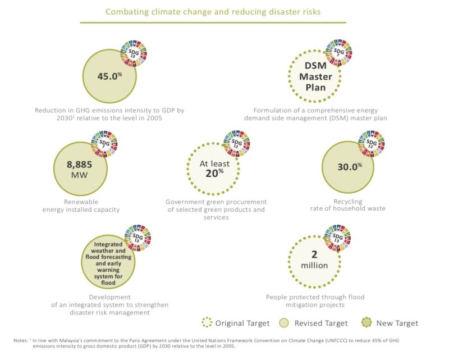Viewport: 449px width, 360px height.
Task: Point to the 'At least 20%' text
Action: coord(212,168)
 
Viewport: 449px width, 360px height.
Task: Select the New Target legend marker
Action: coord(365,323)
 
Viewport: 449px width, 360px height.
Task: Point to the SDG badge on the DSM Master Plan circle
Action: coord(338,52)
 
